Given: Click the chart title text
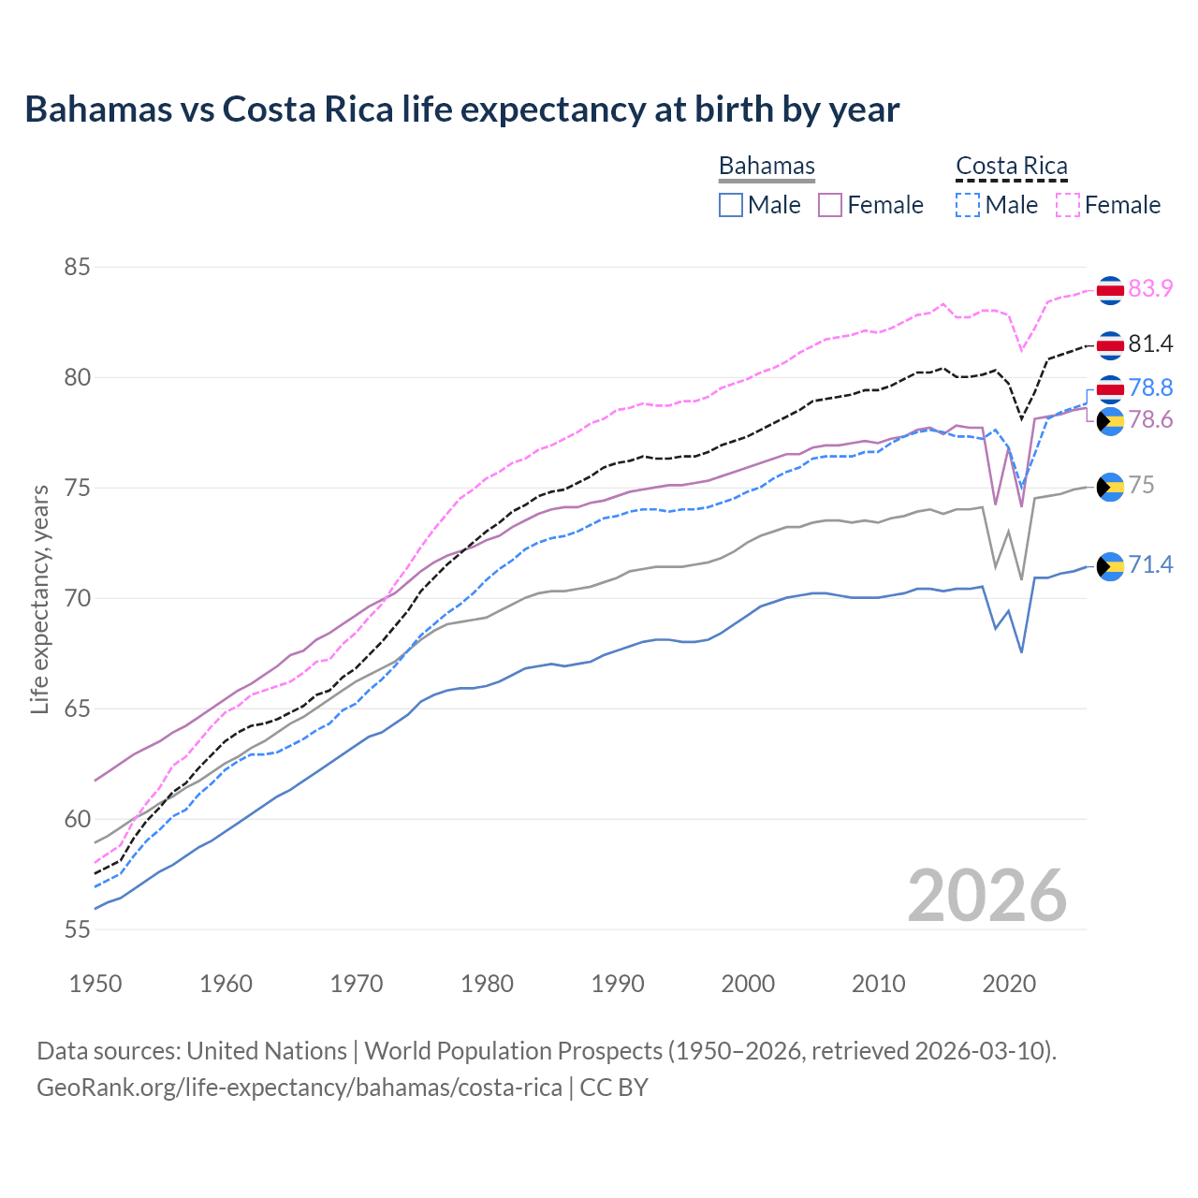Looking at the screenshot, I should (461, 110).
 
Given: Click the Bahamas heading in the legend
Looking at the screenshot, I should (767, 166).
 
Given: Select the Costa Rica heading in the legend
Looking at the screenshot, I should (1011, 166).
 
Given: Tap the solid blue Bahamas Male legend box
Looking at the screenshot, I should (731, 205).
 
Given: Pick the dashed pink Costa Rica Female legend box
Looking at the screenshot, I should (1068, 205).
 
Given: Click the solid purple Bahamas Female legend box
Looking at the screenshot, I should (830, 205).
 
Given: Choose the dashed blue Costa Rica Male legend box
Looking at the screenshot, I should (968, 205).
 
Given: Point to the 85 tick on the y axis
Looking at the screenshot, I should (77, 268).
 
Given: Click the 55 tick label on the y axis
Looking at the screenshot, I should (77, 929).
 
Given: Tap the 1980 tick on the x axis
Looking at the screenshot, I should (487, 984).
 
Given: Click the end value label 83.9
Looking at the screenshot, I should (1150, 288).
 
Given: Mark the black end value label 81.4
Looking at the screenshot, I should (1150, 344).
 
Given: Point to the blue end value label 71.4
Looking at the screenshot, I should (1150, 564).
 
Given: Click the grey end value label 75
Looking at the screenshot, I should (1141, 485).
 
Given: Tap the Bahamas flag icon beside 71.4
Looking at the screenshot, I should (1110, 566).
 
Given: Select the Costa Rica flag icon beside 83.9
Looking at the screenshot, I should (1110, 290).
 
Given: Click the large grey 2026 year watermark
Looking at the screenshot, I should (986, 896).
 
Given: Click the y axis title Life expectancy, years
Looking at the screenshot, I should (39, 599).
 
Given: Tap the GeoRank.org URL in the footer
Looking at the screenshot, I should (299, 1088).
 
